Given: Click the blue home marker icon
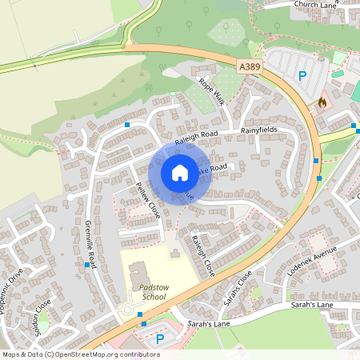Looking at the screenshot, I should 179,172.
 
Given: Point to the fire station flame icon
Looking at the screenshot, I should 322,102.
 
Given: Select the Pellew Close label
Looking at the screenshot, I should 148,200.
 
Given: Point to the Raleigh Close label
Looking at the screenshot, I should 202,254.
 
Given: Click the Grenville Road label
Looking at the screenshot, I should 90,244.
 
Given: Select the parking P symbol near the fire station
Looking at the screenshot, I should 302,77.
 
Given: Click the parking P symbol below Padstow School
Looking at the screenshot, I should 159,339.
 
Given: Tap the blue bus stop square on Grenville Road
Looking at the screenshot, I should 87,264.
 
